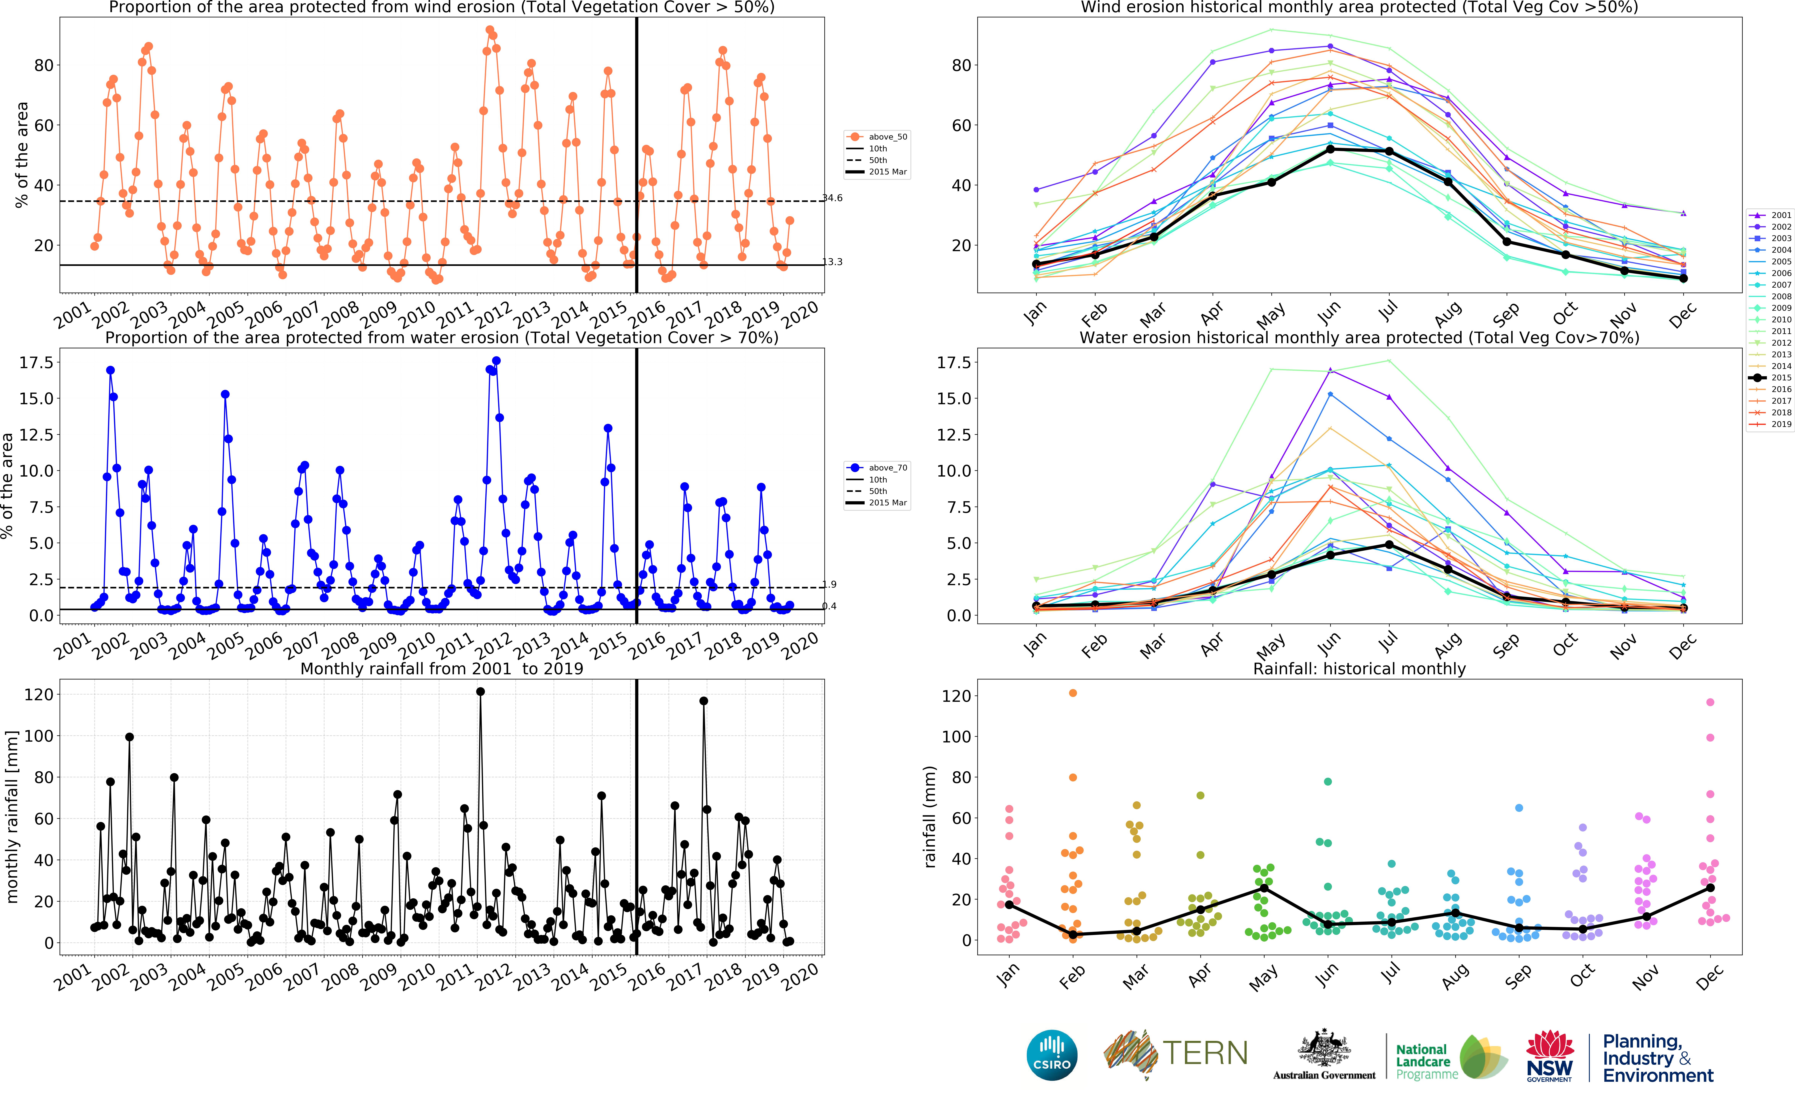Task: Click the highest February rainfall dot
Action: pos(1072,693)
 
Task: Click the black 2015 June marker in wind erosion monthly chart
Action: pos(1330,149)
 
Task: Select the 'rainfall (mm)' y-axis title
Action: pos(930,816)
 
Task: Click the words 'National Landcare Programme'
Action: pos(1426,1061)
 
